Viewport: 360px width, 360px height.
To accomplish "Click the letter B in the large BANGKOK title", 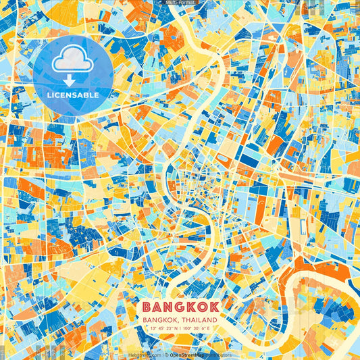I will (147, 307).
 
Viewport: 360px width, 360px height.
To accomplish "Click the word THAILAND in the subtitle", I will (199, 319).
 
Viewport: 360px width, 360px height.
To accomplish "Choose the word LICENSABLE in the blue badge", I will (72, 95).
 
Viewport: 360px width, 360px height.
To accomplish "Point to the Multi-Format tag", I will (179, 3).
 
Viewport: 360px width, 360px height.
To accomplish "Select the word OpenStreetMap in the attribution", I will (186, 355).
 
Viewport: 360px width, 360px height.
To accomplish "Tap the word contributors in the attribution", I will (217, 355).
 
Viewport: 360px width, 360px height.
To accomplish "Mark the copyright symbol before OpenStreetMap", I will (166, 355).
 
